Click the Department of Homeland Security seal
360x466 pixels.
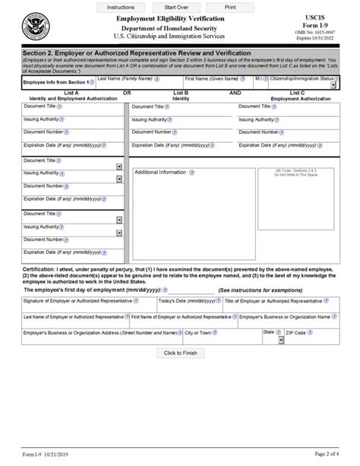coord(35,30)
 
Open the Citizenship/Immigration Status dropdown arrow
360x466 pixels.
coord(334,86)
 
